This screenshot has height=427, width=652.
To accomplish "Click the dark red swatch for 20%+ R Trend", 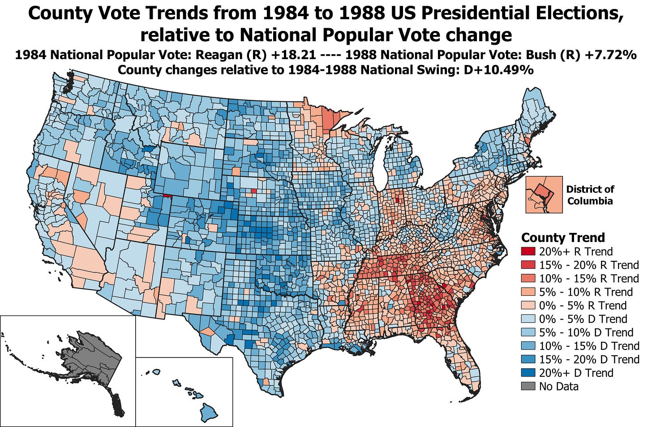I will click(528, 252).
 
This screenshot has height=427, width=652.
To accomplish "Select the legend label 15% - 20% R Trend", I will click(588, 265).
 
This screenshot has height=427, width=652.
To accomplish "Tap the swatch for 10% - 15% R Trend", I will click(528, 279).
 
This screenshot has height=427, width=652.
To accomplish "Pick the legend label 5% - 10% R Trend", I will click(586, 292).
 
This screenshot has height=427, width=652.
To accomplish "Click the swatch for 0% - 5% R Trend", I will click(528, 306).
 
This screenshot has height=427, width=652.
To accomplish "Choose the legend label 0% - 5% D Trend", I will click(583, 319).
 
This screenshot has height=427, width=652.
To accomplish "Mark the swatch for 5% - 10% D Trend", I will click(528, 332).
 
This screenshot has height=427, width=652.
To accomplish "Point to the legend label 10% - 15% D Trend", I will click(589, 346).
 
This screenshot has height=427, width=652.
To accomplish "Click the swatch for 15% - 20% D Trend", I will click(528, 359).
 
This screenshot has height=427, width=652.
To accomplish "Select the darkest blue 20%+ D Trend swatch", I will click(528, 373).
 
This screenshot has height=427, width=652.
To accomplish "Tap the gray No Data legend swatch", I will click(528, 386).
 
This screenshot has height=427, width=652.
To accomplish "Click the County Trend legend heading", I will click(563, 237).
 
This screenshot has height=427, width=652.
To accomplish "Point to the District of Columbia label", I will click(590, 195).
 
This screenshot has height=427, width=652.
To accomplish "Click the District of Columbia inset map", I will click(544, 194).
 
